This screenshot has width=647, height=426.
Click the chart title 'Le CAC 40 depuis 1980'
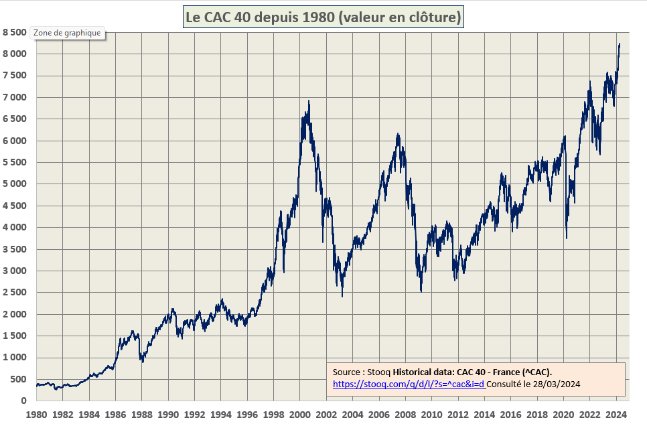pyautogui.click(x=323, y=17)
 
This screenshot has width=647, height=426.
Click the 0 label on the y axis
pyautogui.click(x=22, y=401)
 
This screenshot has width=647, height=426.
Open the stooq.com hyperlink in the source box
pyautogui.click(x=409, y=384)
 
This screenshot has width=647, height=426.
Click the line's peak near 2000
pyautogui.click(x=309, y=101)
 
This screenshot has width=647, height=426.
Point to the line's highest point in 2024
pyautogui.click(x=620, y=44)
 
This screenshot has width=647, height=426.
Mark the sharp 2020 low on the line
pyautogui.click(x=567, y=238)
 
